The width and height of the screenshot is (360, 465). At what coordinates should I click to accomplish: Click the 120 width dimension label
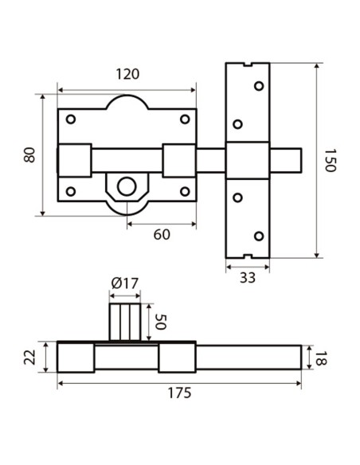pyautogui.click(x=127, y=74)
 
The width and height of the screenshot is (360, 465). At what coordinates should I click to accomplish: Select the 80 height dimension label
pyautogui.click(x=30, y=154)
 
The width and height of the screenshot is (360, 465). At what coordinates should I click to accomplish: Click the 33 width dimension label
pyautogui.click(x=247, y=277)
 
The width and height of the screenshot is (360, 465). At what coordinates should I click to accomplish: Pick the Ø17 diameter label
pyautogui.click(x=125, y=283)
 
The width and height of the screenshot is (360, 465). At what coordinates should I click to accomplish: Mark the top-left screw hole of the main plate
pyautogui.click(x=71, y=119)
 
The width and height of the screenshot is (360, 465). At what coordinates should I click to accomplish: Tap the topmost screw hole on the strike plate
pyautogui.click(x=257, y=85)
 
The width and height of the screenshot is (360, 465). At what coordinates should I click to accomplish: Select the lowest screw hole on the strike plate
pyautogui.click(x=257, y=235)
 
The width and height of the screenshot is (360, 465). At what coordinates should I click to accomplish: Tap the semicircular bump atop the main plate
pyautogui.click(x=127, y=103)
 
